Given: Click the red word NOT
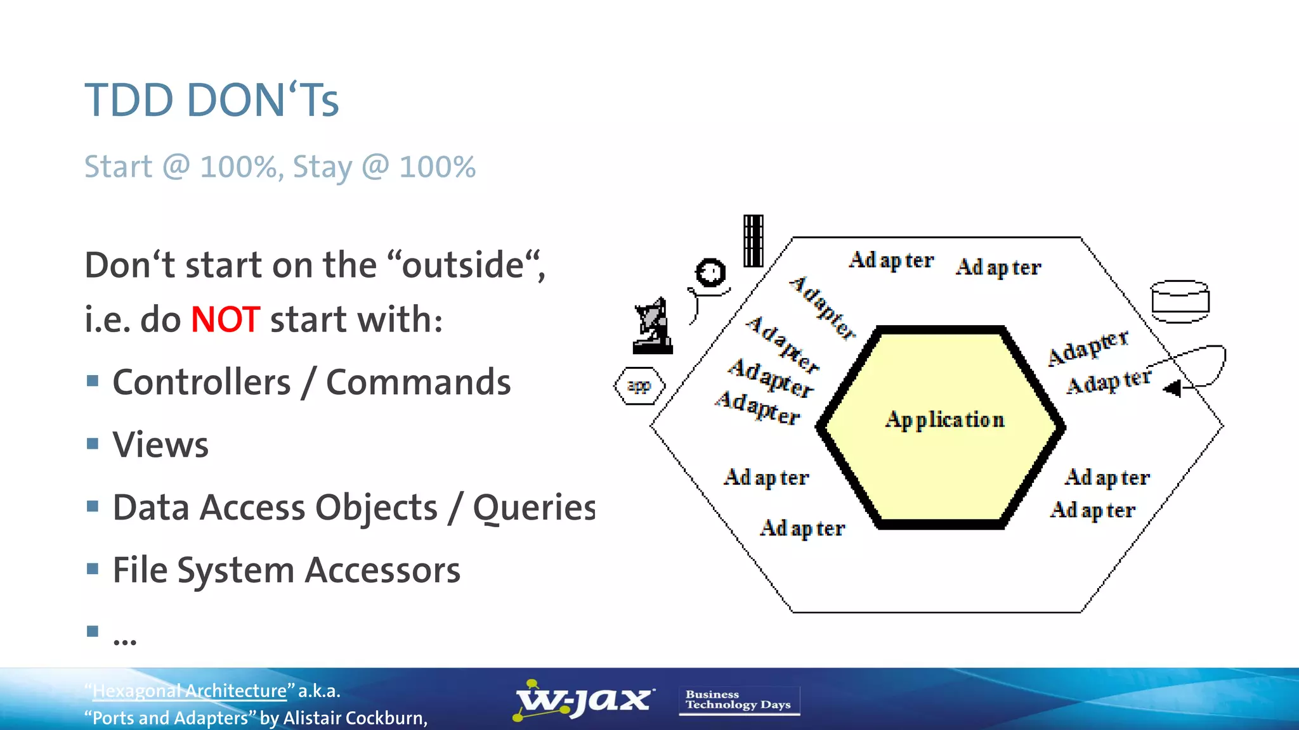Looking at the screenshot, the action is click(x=225, y=319).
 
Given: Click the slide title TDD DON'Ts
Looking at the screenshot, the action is click(x=212, y=100).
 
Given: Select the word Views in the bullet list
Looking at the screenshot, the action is click(x=160, y=445).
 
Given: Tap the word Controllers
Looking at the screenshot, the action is click(x=202, y=382).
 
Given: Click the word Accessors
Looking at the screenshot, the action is click(x=382, y=570).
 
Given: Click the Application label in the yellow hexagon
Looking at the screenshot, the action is click(x=944, y=419).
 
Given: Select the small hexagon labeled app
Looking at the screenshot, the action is click(x=639, y=385).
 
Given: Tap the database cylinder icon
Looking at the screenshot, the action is click(x=1180, y=301).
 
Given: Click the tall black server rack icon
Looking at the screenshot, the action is click(x=753, y=241).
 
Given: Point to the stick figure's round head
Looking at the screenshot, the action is click(x=710, y=273).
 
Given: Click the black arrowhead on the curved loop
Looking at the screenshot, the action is click(x=1173, y=388).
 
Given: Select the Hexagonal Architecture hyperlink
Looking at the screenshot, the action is click(x=190, y=691).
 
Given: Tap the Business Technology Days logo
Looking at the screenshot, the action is click(x=738, y=700).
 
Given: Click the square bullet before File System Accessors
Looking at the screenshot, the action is click(x=93, y=568).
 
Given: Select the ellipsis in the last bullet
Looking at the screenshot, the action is click(x=124, y=641).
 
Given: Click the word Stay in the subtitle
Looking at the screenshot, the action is click(x=322, y=167).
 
